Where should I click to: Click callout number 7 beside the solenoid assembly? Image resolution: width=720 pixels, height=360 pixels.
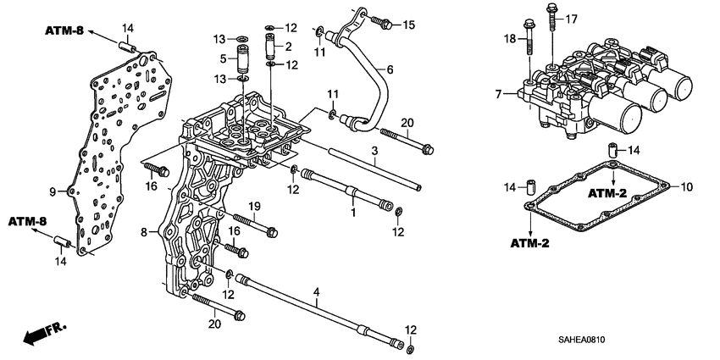[499, 91]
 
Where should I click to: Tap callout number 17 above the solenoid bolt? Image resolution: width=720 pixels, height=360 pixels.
[571, 18]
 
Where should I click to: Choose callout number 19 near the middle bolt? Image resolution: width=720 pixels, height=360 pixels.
[252, 206]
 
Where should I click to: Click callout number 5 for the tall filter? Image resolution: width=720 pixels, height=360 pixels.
[224, 59]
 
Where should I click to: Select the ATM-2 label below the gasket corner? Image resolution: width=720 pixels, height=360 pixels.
[530, 244]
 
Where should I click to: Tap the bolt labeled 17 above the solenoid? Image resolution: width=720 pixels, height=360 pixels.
[552, 14]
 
